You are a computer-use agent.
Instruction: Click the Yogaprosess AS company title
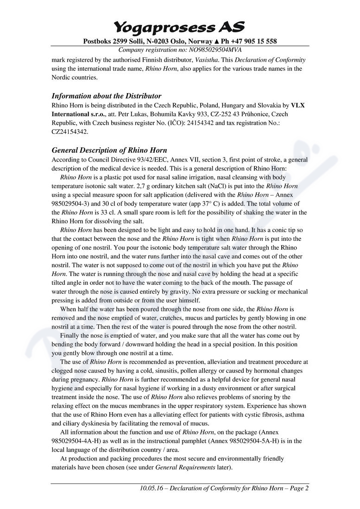tap(179, 27)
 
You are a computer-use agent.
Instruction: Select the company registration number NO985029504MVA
tap(210, 50)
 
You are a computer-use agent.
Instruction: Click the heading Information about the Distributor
tap(106, 96)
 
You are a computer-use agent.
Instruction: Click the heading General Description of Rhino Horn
tap(109, 150)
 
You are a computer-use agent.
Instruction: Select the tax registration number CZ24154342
tap(69, 132)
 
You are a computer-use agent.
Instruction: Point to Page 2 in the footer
tap(299, 488)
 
